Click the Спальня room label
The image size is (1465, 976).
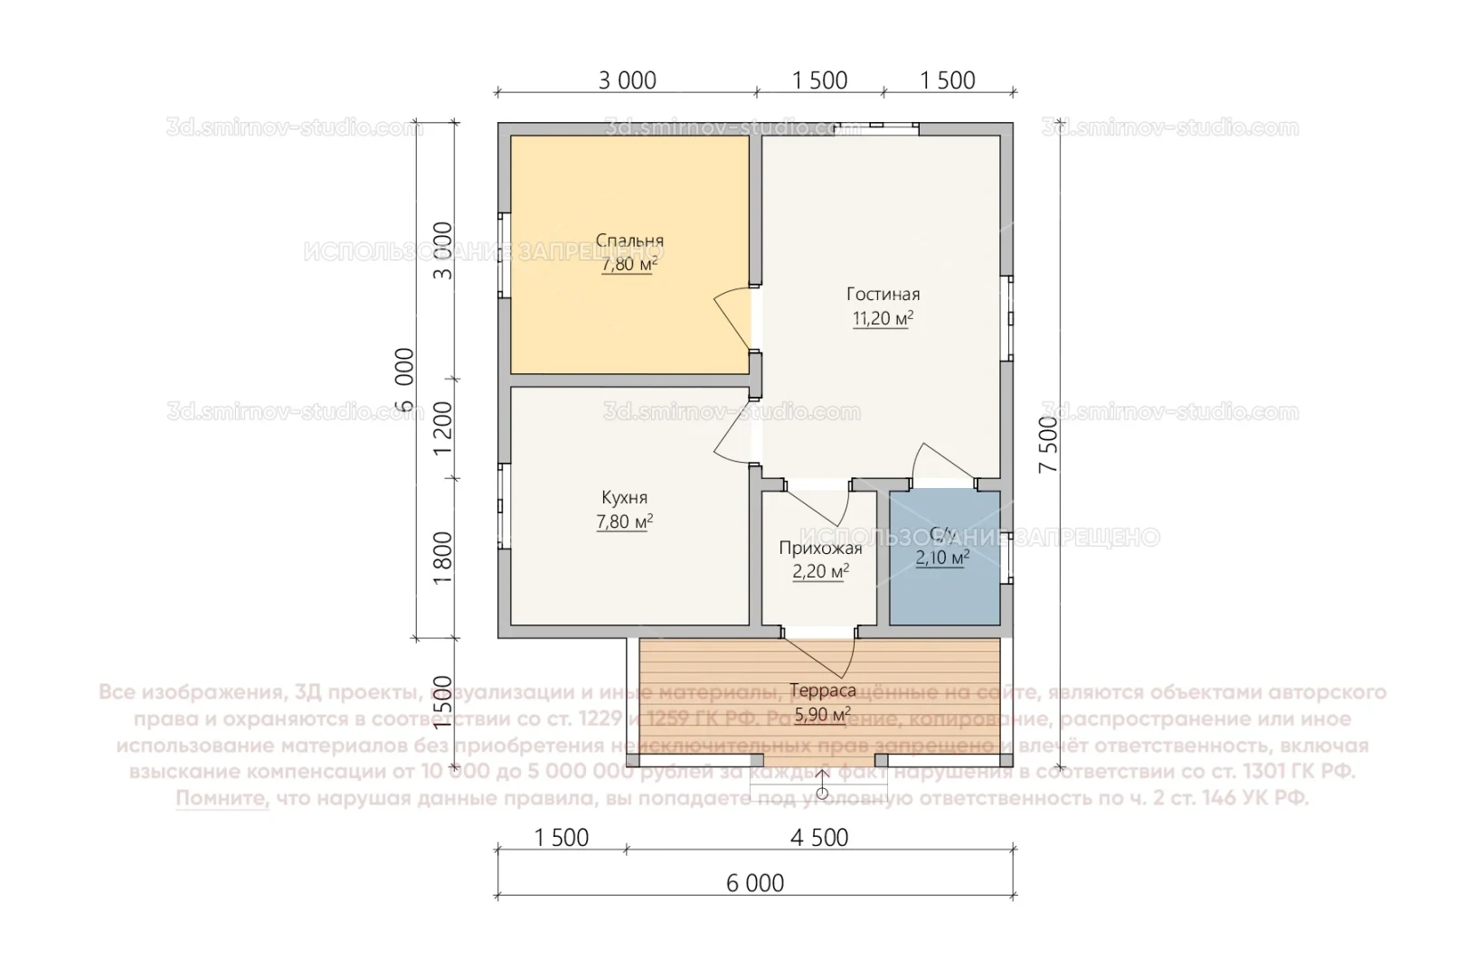point(629,240)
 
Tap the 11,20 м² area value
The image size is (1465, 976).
point(883,318)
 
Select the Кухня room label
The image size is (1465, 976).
point(624,498)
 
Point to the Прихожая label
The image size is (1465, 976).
point(820,548)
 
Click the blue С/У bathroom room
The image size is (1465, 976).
point(944,587)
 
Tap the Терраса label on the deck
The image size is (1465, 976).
point(822,690)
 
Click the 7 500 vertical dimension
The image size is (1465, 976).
point(1048,445)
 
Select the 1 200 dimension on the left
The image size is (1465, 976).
point(442,428)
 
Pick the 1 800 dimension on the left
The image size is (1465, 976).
point(442,558)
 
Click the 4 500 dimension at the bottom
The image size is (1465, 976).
point(819,838)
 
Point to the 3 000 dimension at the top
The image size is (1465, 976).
point(627,80)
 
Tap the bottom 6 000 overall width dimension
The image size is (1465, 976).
point(755,883)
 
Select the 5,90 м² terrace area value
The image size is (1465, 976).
point(822,715)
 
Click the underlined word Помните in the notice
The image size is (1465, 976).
point(222,799)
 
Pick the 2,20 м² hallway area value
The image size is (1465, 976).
point(820,571)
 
